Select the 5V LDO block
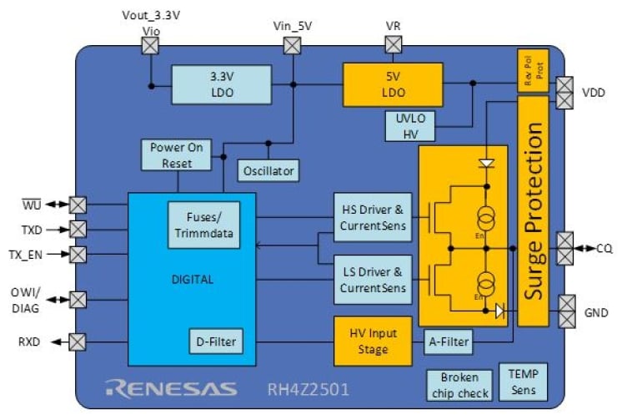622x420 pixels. coord(394,84)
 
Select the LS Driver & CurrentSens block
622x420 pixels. coord(374,280)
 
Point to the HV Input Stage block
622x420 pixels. coord(373,341)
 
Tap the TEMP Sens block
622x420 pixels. coord(523,381)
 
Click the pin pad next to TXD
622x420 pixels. coord(78,228)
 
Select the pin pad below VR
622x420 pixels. coord(393,46)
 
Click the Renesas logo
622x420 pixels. coord(172,388)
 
